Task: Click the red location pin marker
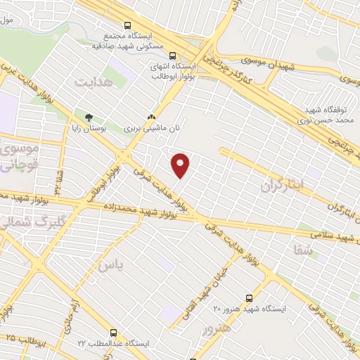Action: pyautogui.click(x=181, y=165)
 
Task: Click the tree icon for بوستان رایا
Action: pyautogui.click(x=89, y=117)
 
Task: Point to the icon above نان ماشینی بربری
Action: pyautogui.click(x=150, y=117)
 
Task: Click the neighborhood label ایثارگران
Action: pyautogui.click(x=285, y=185)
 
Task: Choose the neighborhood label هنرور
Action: pyautogui.click(x=216, y=329)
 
